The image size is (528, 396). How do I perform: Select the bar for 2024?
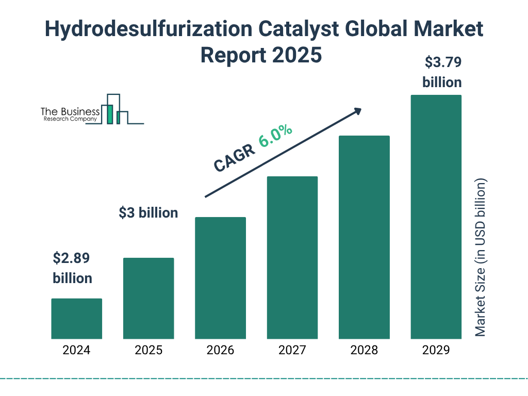[76, 319]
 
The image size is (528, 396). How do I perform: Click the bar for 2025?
[148, 298]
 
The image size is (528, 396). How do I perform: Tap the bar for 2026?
[220, 278]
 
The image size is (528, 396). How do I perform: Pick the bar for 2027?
[292, 257]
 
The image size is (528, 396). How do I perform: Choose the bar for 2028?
[364, 237]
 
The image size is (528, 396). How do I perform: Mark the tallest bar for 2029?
[436, 217]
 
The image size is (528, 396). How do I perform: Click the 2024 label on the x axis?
[76, 351]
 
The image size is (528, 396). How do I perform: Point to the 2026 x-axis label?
[220, 351]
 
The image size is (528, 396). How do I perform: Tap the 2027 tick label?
[292, 351]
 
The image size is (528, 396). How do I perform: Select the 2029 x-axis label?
[436, 351]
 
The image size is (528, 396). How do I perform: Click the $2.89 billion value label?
[73, 268]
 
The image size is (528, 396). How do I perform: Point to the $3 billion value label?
[148, 212]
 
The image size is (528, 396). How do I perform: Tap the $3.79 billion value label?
[442, 72]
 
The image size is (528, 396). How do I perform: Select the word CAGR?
[234, 158]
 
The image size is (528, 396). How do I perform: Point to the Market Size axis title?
[481, 258]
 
